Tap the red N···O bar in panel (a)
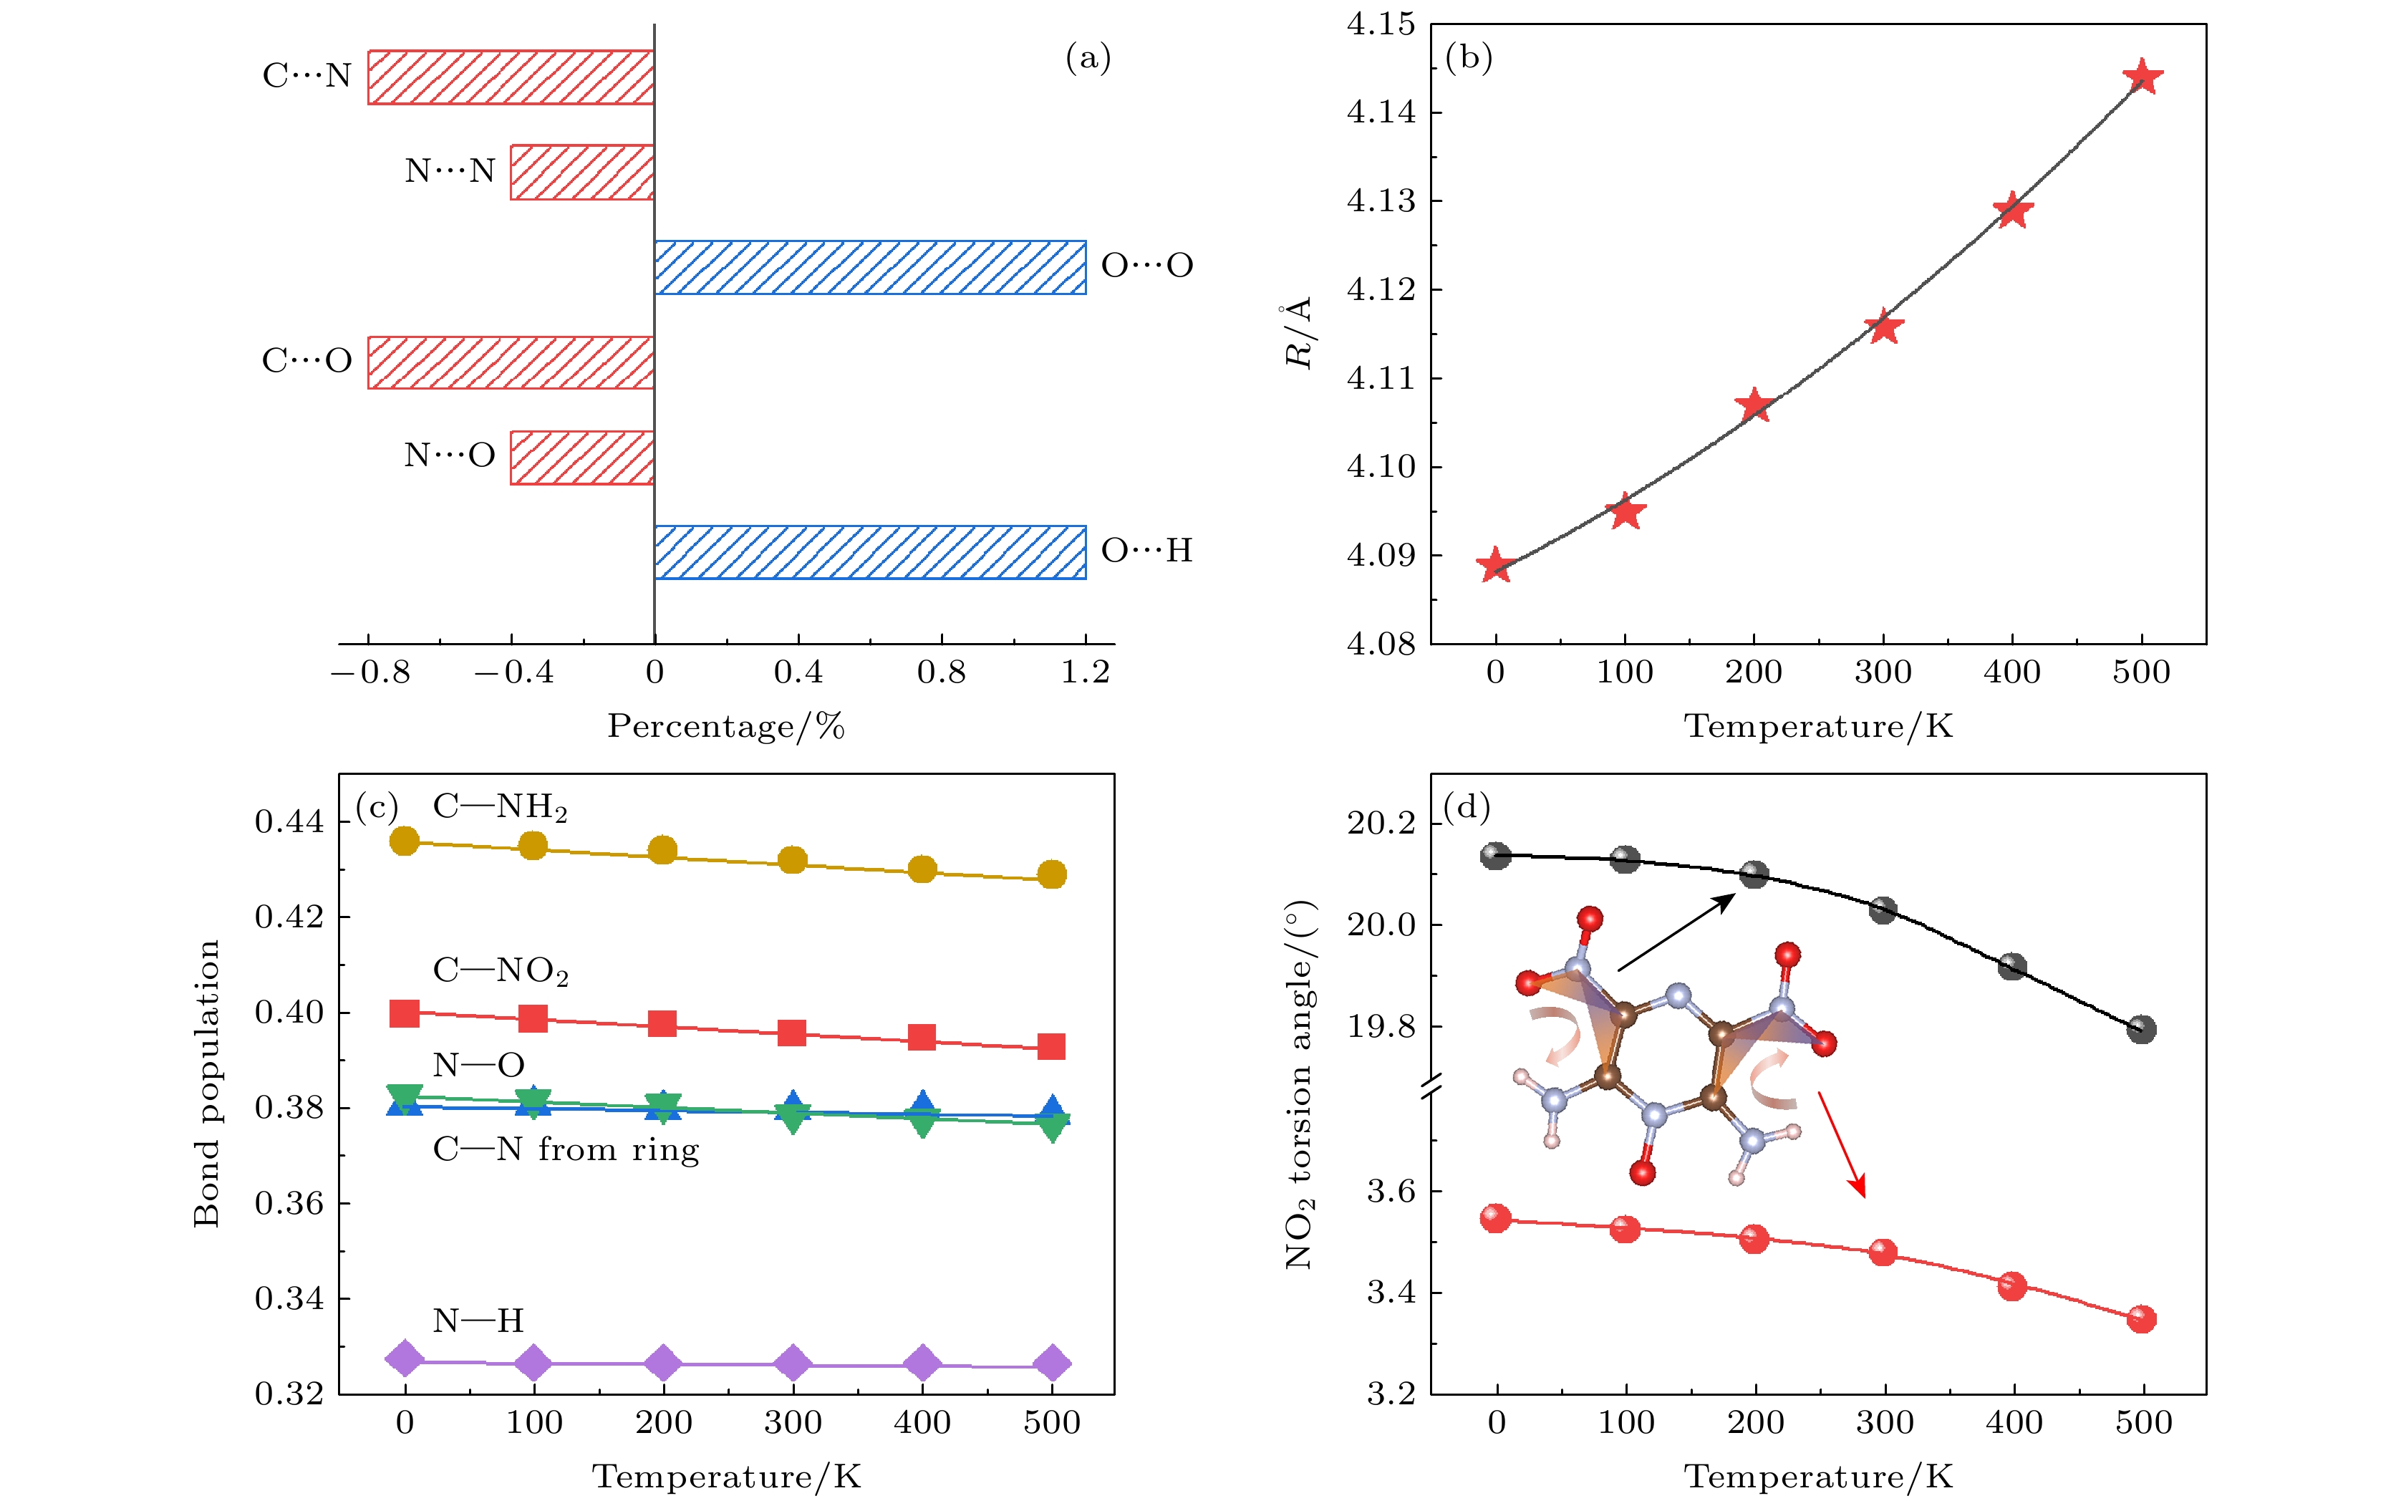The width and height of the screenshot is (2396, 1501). [x=581, y=458]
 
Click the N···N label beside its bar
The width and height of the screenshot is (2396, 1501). [x=450, y=170]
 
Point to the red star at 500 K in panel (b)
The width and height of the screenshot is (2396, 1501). [x=2142, y=77]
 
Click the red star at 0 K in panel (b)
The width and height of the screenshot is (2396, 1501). [x=1494, y=566]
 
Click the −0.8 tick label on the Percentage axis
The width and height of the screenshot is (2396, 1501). [x=370, y=673]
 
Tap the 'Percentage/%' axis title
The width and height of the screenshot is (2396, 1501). [x=725, y=727]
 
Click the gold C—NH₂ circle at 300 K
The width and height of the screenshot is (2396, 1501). [x=792, y=859]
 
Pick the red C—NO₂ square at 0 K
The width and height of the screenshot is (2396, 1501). [x=404, y=1013]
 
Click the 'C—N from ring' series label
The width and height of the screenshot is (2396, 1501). [x=566, y=1149]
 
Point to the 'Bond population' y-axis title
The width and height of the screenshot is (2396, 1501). [x=206, y=1083]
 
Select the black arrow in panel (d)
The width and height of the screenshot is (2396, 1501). [x=1676, y=932]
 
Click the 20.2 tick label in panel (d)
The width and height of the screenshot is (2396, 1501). [x=1381, y=823]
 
